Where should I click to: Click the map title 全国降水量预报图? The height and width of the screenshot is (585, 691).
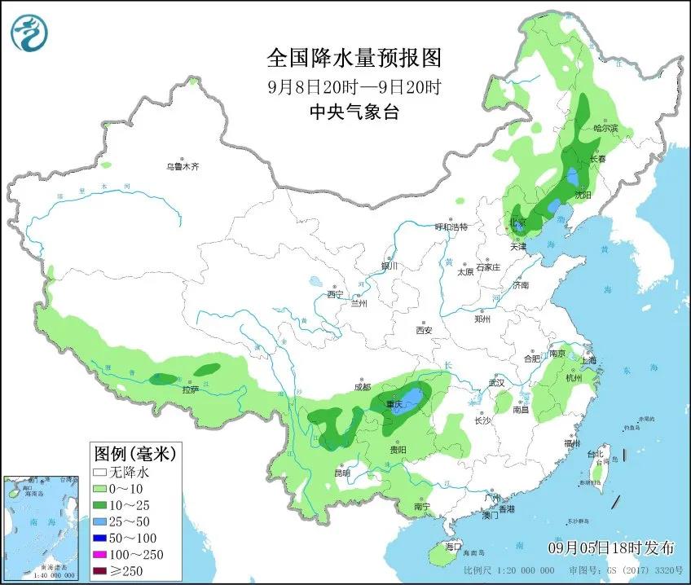tap(354, 58)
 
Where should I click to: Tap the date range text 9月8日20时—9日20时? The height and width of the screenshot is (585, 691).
tap(354, 86)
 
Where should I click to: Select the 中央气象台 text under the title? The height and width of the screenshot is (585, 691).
tap(354, 113)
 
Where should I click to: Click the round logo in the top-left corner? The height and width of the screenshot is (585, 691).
tap(29, 32)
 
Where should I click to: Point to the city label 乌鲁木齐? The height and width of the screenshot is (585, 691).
tap(183, 166)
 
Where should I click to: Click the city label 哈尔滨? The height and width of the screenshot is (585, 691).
tap(605, 129)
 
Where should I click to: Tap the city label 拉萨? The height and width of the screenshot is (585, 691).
tap(190, 390)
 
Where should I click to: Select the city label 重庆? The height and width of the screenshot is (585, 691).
tap(395, 405)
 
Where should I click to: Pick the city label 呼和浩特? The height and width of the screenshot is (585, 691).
tap(451, 227)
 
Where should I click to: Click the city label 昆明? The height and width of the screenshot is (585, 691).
tap(342, 473)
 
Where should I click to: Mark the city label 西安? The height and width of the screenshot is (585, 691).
tap(423, 330)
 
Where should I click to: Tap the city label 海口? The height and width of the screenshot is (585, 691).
tap(454, 546)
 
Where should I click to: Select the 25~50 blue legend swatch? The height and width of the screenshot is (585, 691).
tap(101, 519)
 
